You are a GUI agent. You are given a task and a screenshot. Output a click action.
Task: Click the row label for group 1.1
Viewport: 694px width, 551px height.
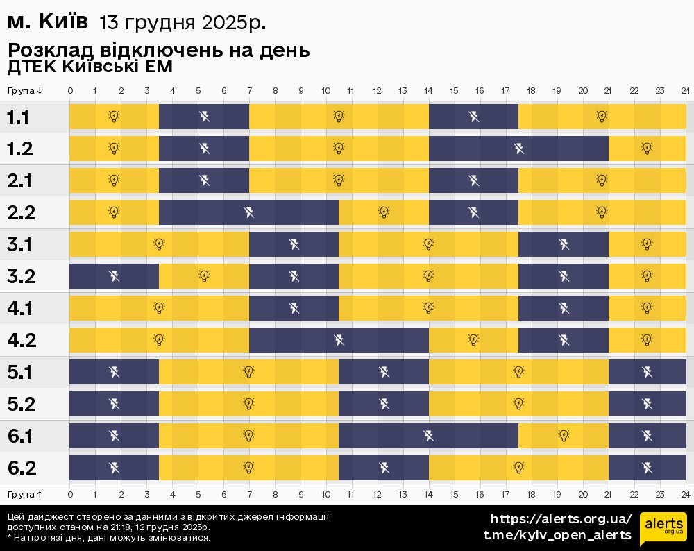point(18,117)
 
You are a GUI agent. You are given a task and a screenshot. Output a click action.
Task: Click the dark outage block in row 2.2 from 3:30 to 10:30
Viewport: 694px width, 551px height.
point(248,212)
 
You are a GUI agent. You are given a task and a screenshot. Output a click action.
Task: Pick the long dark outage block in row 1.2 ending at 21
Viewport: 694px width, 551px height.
point(518,148)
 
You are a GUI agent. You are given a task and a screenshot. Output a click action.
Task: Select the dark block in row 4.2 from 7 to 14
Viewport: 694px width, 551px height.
point(339,340)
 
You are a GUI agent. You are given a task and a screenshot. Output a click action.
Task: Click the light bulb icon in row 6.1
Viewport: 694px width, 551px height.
point(564,436)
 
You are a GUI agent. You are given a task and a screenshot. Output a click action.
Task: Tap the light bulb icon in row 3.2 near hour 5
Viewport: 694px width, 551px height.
point(204,275)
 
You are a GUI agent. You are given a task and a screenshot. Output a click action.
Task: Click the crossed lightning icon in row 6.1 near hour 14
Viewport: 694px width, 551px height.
point(429,436)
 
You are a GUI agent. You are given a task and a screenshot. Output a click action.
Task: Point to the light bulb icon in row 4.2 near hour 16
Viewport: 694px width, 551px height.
point(473,340)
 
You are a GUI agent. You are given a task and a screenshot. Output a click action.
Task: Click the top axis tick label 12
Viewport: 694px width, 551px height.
point(377,91)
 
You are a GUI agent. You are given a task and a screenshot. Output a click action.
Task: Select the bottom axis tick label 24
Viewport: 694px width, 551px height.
point(685,494)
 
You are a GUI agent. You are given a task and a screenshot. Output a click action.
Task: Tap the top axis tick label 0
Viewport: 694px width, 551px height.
point(70,91)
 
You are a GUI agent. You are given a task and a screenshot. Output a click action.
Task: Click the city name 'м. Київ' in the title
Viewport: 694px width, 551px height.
point(47,23)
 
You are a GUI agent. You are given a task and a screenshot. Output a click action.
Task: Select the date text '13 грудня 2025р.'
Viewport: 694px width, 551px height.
point(183,24)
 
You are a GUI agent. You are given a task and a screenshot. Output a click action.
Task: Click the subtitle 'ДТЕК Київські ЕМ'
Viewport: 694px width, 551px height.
point(90,67)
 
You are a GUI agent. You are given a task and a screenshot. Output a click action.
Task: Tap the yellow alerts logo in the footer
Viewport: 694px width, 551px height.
point(663,529)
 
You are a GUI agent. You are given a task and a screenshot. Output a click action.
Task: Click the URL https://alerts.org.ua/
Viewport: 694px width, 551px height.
point(561,519)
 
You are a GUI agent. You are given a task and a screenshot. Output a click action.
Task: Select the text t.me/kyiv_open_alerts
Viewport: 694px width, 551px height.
point(557,535)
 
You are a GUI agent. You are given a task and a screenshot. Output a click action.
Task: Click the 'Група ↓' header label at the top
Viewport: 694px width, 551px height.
point(26,91)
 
